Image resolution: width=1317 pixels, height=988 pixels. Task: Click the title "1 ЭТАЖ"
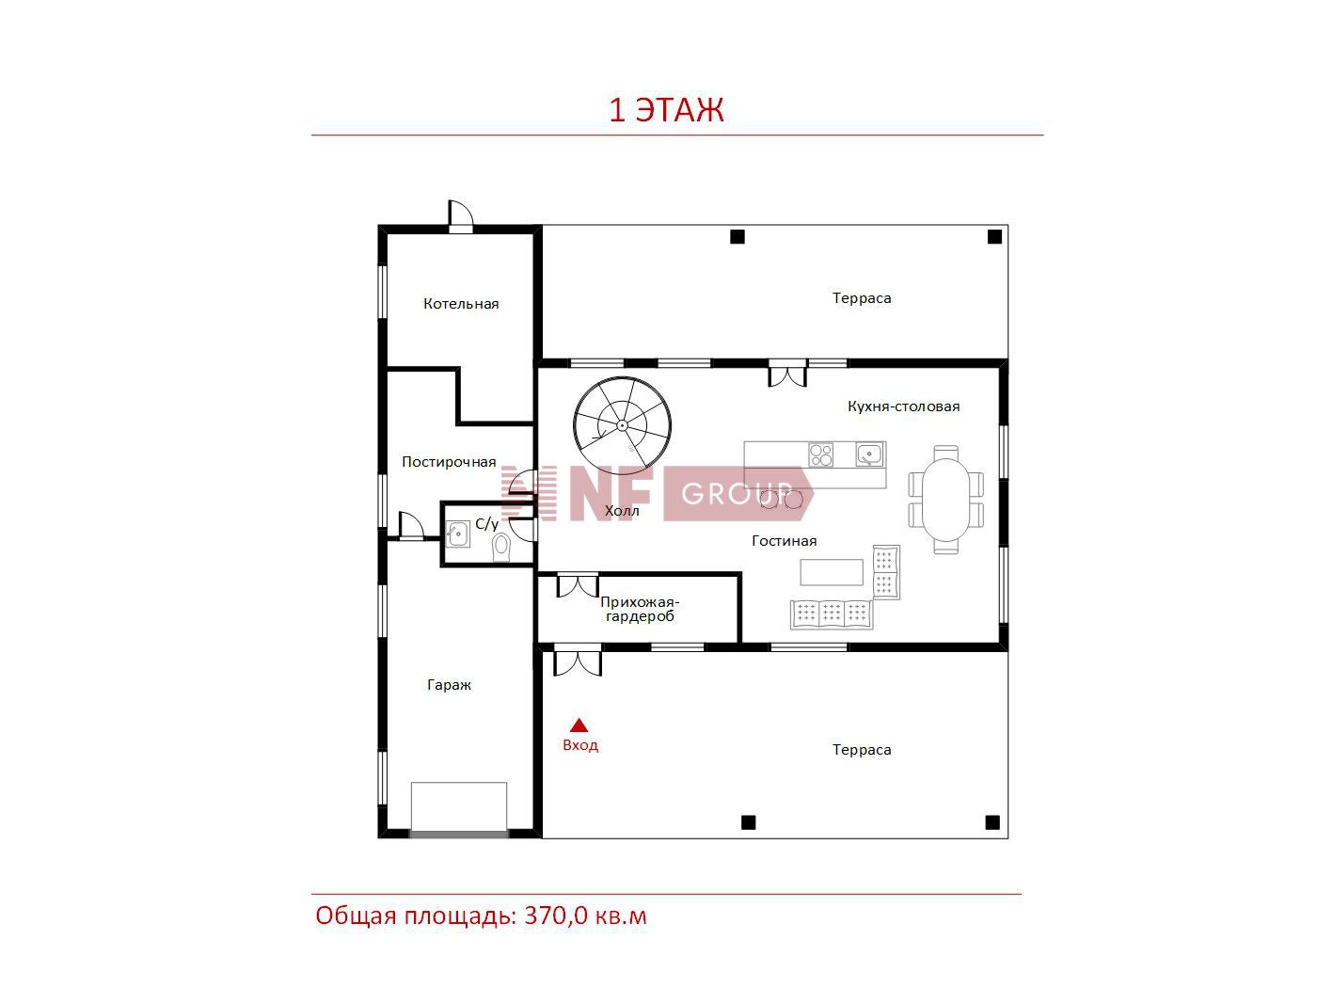click(666, 110)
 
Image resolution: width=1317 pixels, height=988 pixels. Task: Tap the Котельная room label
click(461, 304)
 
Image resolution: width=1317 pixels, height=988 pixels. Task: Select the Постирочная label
click(449, 462)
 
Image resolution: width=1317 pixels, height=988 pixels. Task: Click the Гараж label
click(449, 684)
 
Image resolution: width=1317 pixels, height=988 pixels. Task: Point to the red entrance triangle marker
click(579, 725)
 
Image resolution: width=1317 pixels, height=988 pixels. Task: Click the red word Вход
click(580, 745)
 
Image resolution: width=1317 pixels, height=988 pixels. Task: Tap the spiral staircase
click(622, 425)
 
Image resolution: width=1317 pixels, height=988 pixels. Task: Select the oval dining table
click(945, 499)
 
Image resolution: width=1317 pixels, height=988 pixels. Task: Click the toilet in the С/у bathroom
click(501, 547)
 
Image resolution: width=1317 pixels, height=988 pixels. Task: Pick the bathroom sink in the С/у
click(458, 534)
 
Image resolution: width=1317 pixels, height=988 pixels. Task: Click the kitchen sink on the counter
click(869, 454)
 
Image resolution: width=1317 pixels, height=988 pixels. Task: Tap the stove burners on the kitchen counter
click(820, 454)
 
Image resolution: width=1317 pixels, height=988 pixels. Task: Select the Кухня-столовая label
click(904, 406)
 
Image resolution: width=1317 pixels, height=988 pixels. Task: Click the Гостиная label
click(785, 541)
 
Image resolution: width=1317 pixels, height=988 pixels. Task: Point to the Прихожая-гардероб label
click(640, 609)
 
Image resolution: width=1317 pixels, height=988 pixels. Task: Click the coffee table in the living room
click(832, 572)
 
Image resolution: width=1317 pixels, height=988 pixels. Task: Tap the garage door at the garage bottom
click(459, 834)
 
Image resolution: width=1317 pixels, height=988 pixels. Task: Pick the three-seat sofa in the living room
click(832, 614)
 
